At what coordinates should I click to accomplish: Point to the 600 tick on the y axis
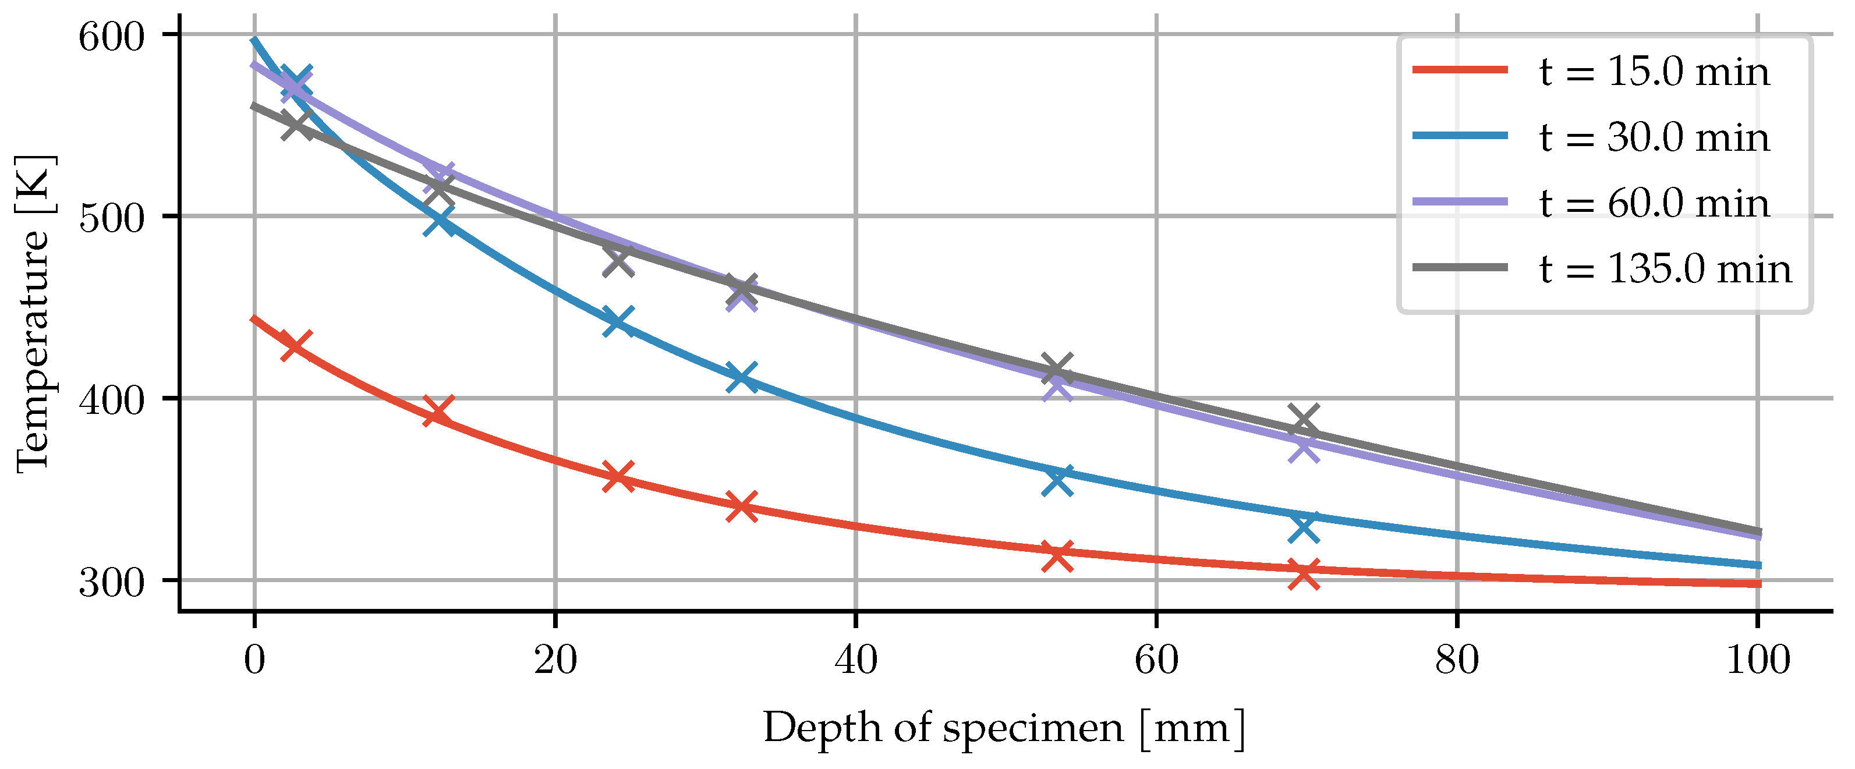[x=112, y=36]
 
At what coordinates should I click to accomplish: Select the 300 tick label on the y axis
[x=112, y=582]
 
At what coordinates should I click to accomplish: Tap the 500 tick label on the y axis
[x=112, y=218]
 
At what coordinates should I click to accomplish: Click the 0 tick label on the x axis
[x=254, y=660]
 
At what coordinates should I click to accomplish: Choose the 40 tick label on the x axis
[x=855, y=660]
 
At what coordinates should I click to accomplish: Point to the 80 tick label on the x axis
[x=1457, y=660]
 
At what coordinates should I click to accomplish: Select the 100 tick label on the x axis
[x=1758, y=660]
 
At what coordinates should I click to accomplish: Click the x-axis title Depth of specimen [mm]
[x=1004, y=728]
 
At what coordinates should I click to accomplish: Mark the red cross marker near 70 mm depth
[x=1304, y=575]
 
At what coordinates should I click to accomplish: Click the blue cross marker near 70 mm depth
[x=1304, y=527]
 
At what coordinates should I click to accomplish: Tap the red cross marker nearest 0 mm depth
[x=295, y=346]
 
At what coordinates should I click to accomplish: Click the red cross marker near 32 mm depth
[x=742, y=506]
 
